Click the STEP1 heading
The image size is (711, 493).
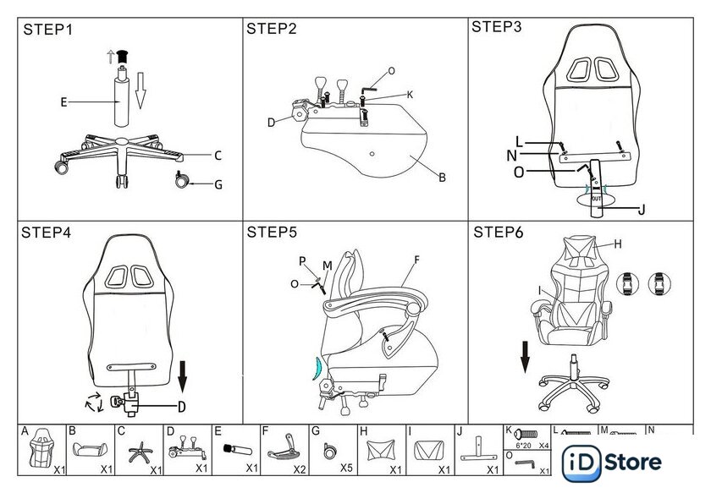(x=48, y=30)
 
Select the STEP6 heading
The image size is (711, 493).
(x=500, y=233)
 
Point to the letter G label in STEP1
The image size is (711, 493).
(x=218, y=184)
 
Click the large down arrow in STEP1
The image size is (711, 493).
(x=141, y=90)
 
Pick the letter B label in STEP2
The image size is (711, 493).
(x=441, y=178)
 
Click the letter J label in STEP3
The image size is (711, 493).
(x=641, y=210)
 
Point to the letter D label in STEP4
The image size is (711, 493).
(x=181, y=408)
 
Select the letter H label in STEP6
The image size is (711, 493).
(x=617, y=244)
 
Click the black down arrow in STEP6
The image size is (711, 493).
(x=525, y=357)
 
